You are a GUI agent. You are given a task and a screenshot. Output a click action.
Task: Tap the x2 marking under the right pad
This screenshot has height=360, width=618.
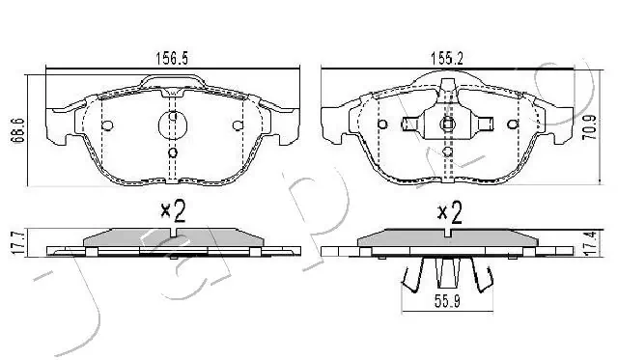(x=449, y=211)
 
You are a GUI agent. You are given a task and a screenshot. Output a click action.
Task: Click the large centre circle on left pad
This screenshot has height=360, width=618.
(x=172, y=125)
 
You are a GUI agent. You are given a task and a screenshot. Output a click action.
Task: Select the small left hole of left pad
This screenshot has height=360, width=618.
(x=108, y=125)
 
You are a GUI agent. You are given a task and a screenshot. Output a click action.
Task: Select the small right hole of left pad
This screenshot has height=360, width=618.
(x=237, y=125)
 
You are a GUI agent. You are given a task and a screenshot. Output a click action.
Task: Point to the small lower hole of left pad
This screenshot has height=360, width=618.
(x=172, y=152)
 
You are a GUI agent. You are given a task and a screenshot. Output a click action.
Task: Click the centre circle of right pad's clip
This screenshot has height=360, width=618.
(x=446, y=125)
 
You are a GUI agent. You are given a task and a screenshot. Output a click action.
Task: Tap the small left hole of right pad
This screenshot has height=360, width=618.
(x=382, y=125)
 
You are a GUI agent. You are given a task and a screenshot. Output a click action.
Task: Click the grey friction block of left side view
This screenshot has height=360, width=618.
(x=172, y=237)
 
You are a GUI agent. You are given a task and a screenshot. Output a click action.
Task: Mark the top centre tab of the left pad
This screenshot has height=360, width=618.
(x=172, y=84)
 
